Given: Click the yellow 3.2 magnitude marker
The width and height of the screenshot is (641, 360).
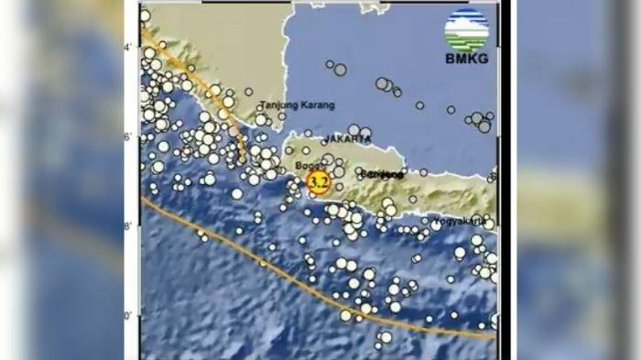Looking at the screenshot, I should (318, 182).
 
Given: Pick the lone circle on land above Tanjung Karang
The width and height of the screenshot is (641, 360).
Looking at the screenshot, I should (248, 92).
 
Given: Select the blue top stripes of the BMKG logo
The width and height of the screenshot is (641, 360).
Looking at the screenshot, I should (466, 18).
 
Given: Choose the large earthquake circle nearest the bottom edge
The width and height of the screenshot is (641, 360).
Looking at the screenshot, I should (386, 337).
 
